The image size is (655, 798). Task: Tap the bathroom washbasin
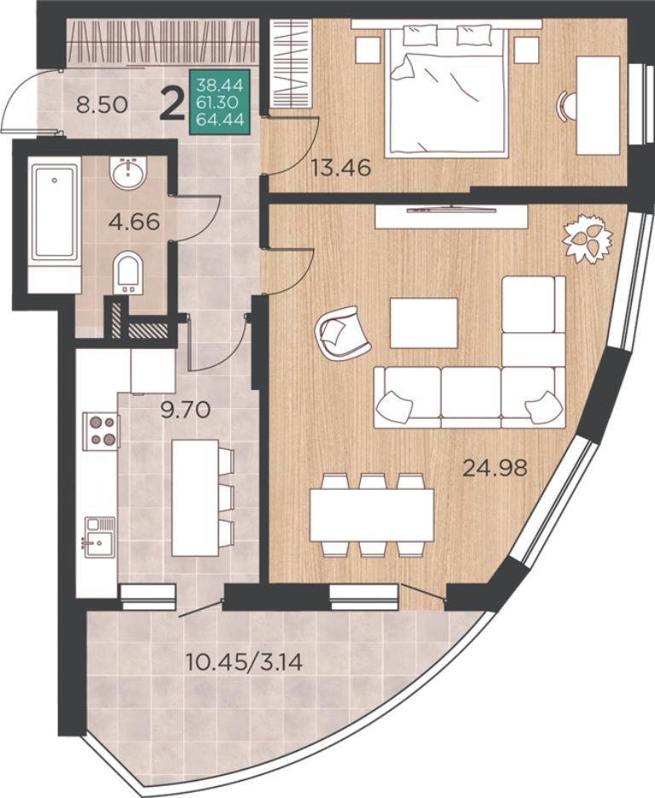tap(129, 172)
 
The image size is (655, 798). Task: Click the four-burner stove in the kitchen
tap(101, 430)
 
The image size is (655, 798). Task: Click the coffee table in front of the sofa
tap(424, 323)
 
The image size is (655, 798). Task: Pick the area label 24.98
tap(495, 467)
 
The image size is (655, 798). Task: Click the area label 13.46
tap(341, 167)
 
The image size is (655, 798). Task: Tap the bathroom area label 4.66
tap(135, 222)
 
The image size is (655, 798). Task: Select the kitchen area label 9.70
tap(185, 409)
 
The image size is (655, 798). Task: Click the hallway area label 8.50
tap(101, 106)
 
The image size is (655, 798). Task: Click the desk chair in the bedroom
tap(567, 106)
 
